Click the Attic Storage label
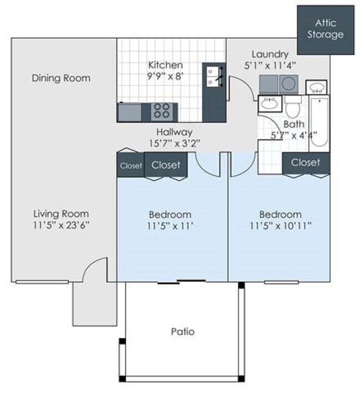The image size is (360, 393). tap(329, 29)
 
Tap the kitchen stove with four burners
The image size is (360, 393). tap(161, 111)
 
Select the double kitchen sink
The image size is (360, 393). tap(212, 76)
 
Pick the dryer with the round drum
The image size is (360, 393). tap(289, 84)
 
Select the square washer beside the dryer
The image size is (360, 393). tap(269, 84)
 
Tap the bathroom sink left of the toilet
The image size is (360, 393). tap(270, 104)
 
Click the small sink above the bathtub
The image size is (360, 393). tap(316, 87)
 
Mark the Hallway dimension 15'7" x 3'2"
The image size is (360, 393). tap(173, 143)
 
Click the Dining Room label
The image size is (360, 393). tap(60, 78)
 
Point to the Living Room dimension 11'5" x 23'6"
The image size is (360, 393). tap(60, 225)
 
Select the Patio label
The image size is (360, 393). tap(182, 332)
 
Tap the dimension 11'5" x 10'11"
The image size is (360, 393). tap(280, 226)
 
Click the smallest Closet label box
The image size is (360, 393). tap(130, 166)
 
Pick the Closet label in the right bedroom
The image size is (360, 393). tap(305, 162)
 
